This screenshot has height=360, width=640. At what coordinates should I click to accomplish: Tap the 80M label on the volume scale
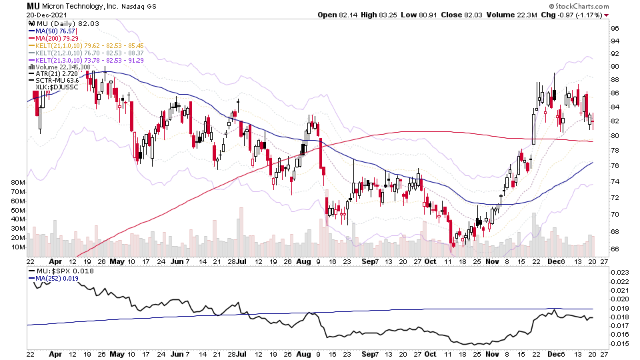(18, 182)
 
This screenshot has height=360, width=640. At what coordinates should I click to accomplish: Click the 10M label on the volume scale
(18, 247)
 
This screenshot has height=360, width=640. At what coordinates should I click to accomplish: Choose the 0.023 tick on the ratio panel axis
(620, 272)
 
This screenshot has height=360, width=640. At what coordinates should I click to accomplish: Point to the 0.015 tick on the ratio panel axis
(620, 343)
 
